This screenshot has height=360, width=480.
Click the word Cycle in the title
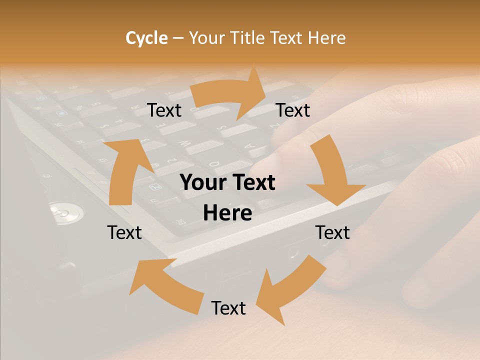point(146,38)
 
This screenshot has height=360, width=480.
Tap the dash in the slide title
point(178,38)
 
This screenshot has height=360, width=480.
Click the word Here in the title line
point(326,38)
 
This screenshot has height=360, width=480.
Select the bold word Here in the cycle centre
point(227,213)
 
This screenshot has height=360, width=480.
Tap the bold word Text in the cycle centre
point(252,183)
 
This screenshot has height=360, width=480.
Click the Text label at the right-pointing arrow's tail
point(164,110)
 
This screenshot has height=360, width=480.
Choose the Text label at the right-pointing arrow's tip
point(293,110)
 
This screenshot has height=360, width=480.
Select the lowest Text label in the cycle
point(228,308)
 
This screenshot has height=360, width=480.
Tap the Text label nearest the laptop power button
point(124,232)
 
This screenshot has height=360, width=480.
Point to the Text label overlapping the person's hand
point(332,232)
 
